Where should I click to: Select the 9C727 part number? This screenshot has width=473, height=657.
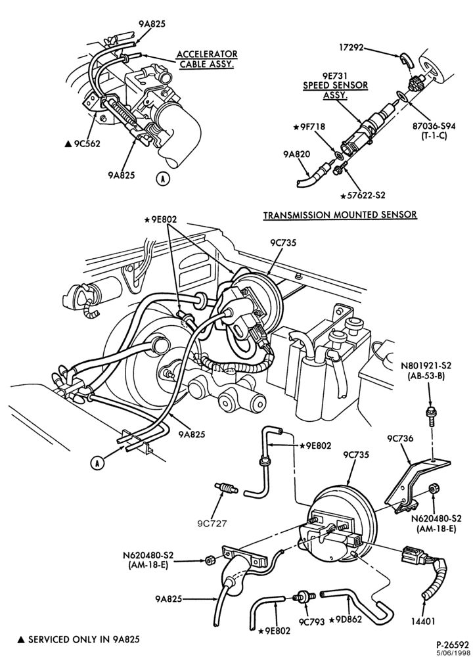point(212,522)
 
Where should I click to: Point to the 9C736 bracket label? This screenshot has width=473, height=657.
point(399,439)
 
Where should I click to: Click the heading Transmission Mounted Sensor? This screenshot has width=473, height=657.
point(340,215)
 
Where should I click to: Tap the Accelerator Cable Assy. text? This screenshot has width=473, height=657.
point(207,60)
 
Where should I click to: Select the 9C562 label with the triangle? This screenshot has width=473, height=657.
point(83,144)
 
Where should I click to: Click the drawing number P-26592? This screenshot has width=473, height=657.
point(450,643)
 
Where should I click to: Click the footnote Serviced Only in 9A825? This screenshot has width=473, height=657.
point(78,639)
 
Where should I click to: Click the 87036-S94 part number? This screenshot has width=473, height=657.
point(433,126)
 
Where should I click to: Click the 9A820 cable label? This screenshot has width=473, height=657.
point(297,154)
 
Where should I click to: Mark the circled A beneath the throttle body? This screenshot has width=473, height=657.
point(164,179)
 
